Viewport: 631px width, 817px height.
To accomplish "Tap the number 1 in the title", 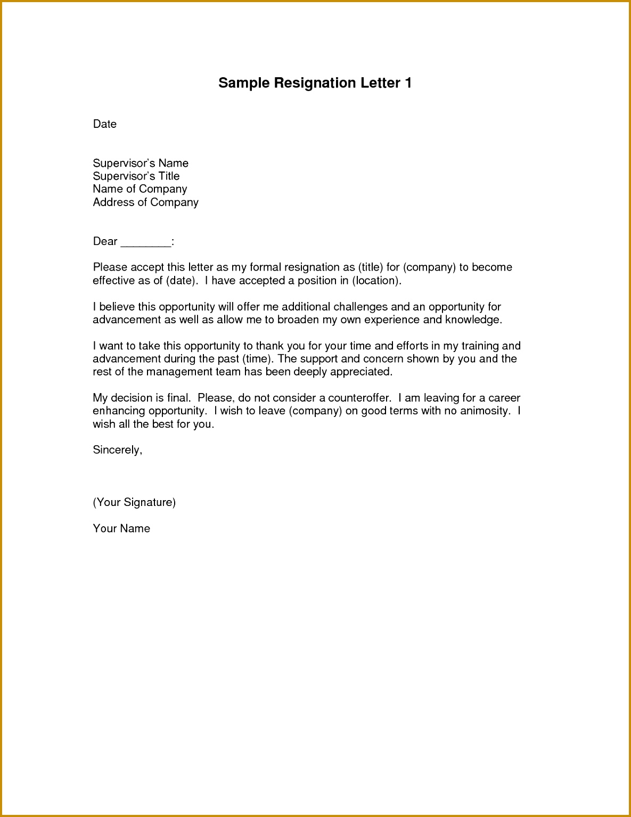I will pyautogui.click(x=408, y=83).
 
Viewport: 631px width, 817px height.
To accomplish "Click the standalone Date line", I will pyautogui.click(x=105, y=124).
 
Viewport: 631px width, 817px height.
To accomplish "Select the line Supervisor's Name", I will pyautogui.click(x=141, y=163).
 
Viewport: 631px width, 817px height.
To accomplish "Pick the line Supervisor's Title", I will pyautogui.click(x=136, y=176).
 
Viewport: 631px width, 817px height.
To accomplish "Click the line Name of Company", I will pyautogui.click(x=140, y=189).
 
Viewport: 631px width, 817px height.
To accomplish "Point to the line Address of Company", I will pyautogui.click(x=145, y=202).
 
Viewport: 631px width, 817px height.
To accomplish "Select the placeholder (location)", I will pyautogui.click(x=376, y=281).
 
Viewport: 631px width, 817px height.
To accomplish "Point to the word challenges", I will pyautogui.click(x=360, y=307).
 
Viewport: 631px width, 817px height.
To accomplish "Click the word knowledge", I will pyautogui.click(x=473, y=320).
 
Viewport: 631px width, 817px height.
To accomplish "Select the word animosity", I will pyautogui.click(x=485, y=411).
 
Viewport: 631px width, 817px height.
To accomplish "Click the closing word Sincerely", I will pyautogui.click(x=117, y=450).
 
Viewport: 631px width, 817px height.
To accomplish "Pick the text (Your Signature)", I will pyautogui.click(x=134, y=502).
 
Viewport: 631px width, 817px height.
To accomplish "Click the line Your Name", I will pyautogui.click(x=121, y=528).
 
